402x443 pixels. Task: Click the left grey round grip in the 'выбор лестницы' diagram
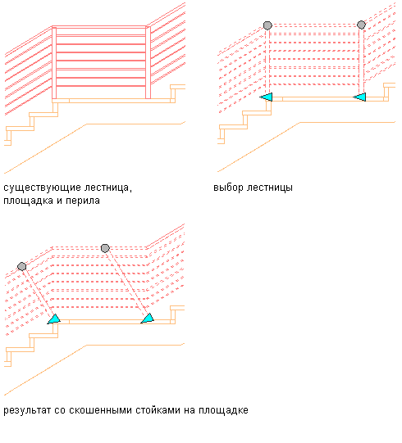tap(267, 25)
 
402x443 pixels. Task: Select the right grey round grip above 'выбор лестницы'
tap(361, 25)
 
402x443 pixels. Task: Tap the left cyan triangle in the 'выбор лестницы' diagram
tap(266, 97)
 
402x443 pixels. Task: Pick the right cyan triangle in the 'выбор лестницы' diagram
tap(359, 97)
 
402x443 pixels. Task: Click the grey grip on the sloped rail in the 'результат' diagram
tap(22, 266)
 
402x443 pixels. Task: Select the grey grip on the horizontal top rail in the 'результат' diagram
tap(105, 248)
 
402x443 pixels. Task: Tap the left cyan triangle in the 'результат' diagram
tap(54, 319)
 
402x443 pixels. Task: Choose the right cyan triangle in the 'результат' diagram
tap(148, 319)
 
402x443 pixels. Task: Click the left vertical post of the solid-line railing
tap(54, 62)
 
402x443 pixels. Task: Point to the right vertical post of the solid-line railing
tap(148, 62)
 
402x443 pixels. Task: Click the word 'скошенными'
tap(100, 410)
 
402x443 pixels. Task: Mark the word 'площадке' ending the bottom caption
tap(223, 410)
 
